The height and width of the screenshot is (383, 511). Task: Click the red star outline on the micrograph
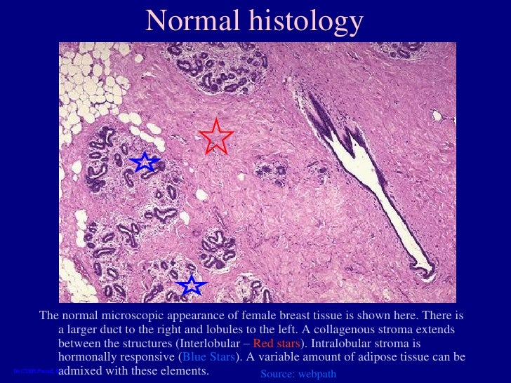(x=216, y=137)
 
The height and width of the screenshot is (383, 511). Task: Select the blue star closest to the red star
(x=145, y=162)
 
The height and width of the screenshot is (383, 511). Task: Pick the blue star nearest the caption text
(x=191, y=285)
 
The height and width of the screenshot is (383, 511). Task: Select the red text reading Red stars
(x=276, y=343)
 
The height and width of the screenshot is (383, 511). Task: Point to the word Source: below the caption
(x=281, y=375)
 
